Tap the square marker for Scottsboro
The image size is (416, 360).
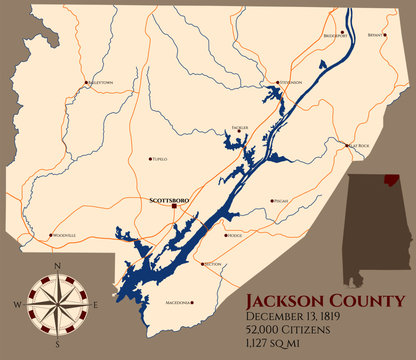(x=175, y=207)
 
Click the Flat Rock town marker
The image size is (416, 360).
(x=348, y=147)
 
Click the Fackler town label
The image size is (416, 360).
(x=237, y=128)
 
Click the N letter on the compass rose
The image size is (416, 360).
(x=58, y=264)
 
